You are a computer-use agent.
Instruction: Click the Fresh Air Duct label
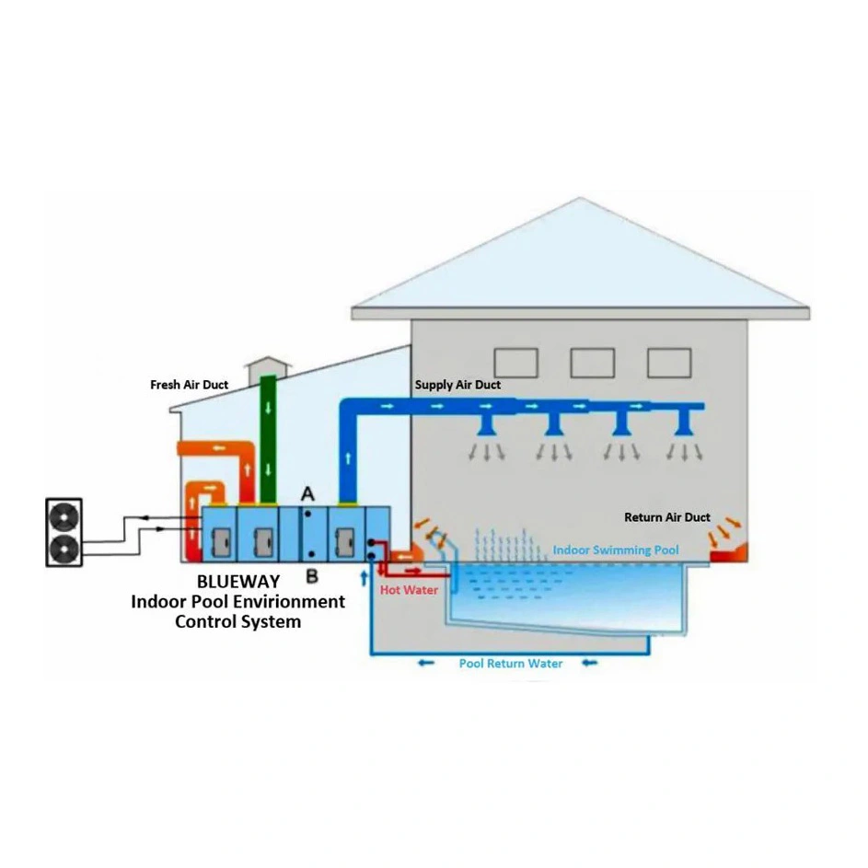(x=189, y=385)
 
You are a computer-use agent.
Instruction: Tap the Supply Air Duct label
(x=457, y=385)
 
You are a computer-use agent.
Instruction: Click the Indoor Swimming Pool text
(x=616, y=550)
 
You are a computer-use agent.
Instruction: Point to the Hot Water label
(x=409, y=590)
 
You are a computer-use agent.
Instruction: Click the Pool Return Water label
(x=511, y=664)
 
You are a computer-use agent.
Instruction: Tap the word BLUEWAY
(x=238, y=583)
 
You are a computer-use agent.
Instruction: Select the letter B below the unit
(x=311, y=576)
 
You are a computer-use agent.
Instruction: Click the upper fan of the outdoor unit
(x=64, y=516)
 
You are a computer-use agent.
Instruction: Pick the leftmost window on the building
(x=515, y=363)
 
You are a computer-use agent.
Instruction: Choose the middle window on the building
(x=592, y=363)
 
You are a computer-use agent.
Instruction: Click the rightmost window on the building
(x=668, y=363)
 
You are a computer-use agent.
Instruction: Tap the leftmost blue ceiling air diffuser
(x=489, y=424)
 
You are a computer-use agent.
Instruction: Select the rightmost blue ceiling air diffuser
(x=682, y=424)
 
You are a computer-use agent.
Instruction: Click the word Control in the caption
(x=204, y=621)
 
